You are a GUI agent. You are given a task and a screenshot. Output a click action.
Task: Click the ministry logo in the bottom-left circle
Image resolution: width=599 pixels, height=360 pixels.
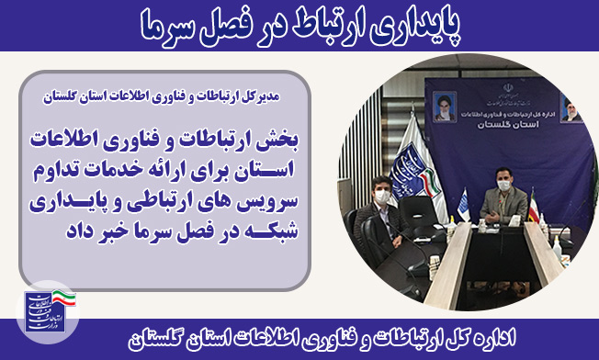[50, 310]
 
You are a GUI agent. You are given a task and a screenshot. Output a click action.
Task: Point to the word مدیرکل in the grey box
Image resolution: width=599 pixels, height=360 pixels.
[261, 97]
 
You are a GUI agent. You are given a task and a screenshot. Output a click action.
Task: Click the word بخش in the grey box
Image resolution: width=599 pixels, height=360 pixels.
[281, 141]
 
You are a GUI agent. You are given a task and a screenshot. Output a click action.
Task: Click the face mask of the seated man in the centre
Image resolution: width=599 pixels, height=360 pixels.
[503, 186]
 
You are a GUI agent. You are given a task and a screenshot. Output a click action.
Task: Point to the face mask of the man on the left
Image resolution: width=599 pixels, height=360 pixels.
[382, 197]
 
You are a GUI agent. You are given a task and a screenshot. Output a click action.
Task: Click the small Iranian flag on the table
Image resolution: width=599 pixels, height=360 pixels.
[533, 208]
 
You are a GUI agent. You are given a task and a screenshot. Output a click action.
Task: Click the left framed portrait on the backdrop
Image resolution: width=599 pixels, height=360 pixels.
[445, 107]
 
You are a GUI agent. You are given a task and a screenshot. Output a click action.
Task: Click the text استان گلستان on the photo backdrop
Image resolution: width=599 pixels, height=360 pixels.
[508, 125]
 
